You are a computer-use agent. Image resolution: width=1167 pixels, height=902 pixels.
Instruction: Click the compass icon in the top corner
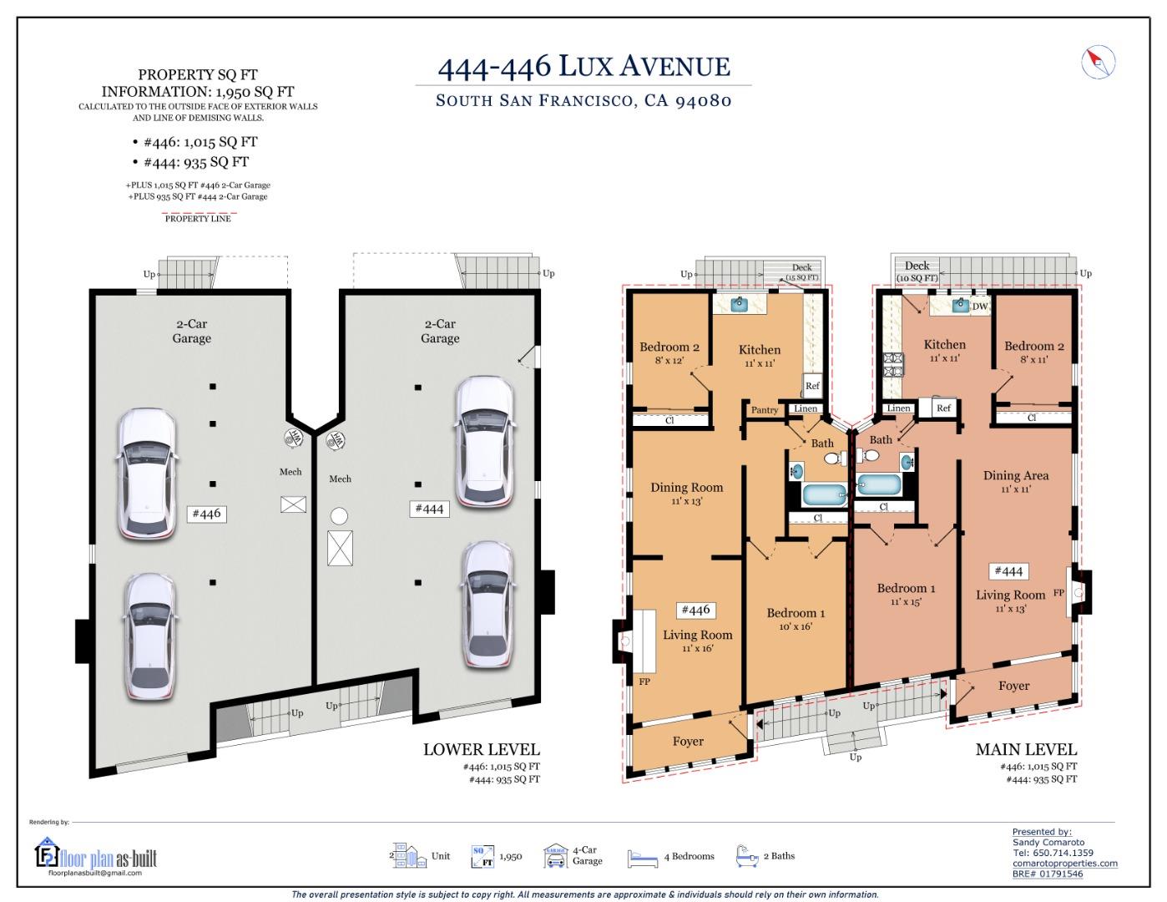[x=1099, y=62]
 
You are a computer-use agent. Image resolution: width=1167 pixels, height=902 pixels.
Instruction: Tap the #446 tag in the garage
[x=206, y=513]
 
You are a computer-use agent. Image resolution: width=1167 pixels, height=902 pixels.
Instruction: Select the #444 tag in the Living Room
[x=1008, y=571]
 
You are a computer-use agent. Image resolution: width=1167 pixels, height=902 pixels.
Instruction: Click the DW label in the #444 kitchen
[x=980, y=307]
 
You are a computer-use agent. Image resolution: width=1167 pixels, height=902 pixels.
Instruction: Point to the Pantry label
[x=765, y=410]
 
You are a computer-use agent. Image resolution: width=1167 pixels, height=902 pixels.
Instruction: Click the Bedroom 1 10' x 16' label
[x=796, y=619]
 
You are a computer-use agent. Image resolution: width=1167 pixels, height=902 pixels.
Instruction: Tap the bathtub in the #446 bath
[x=824, y=495]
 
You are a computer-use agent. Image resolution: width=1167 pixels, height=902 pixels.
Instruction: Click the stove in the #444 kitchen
[x=893, y=364]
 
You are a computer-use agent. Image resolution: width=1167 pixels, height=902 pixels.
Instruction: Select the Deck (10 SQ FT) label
[x=917, y=271]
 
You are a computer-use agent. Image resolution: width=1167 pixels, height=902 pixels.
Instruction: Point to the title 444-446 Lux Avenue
[x=583, y=67]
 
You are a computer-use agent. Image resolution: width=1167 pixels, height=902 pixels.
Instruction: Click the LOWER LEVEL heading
[x=481, y=749]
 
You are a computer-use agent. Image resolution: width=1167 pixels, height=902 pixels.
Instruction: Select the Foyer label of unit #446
[x=688, y=741]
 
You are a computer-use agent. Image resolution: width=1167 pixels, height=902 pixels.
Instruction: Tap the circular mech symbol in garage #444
[x=339, y=516]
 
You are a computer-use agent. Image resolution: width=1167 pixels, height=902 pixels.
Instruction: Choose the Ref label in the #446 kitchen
[x=811, y=386]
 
